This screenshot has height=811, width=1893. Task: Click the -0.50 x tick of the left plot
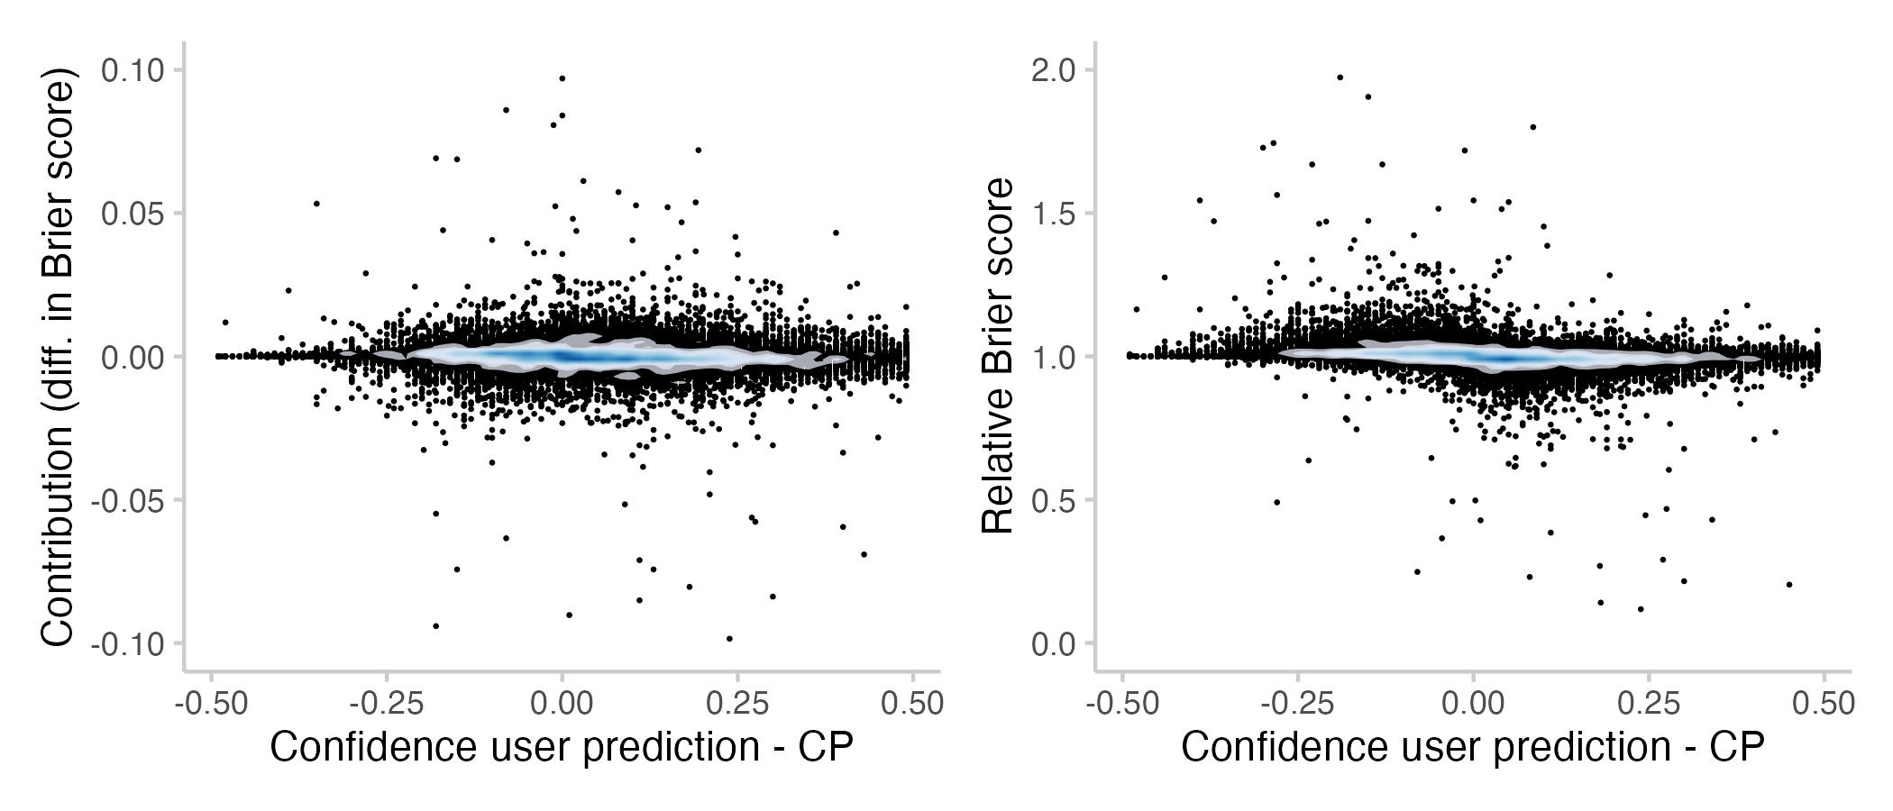(x=211, y=704)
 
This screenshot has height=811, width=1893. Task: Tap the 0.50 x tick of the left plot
(x=912, y=704)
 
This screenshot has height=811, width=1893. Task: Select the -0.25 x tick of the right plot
(x=1297, y=704)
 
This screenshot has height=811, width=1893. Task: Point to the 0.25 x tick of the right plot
(x=1649, y=704)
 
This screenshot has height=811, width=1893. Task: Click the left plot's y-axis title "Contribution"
(x=58, y=360)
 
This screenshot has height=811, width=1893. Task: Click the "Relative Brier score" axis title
(x=998, y=356)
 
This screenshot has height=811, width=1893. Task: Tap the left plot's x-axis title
(x=562, y=748)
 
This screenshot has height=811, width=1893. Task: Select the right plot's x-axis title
(x=1472, y=748)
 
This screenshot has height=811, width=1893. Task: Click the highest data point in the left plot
(x=562, y=78)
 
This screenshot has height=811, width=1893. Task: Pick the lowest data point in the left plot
(x=729, y=639)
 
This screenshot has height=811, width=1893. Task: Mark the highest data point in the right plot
(x=1340, y=77)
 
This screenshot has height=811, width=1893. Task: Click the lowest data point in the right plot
(x=1641, y=609)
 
